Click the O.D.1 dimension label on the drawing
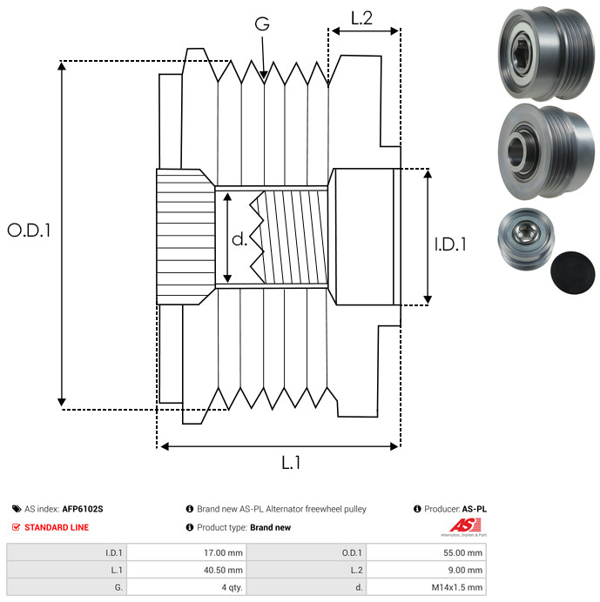pos(29,231)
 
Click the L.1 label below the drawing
pos(291,463)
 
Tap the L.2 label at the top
pos(361,18)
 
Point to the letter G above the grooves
pos(262,23)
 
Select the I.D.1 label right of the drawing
pos(450,244)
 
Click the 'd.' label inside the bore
pos(239,239)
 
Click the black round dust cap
pos(572,273)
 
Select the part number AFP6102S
pos(83,509)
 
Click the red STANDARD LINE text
pos(57,527)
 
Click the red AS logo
pos(465,525)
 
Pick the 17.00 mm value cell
pos(187,553)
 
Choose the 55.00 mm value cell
pos(426,553)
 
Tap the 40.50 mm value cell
pos(187,570)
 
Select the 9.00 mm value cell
pos(426,570)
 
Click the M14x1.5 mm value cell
pos(426,587)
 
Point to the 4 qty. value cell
pos(187,587)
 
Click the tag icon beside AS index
pos(17,509)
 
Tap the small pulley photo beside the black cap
pos(526,238)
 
